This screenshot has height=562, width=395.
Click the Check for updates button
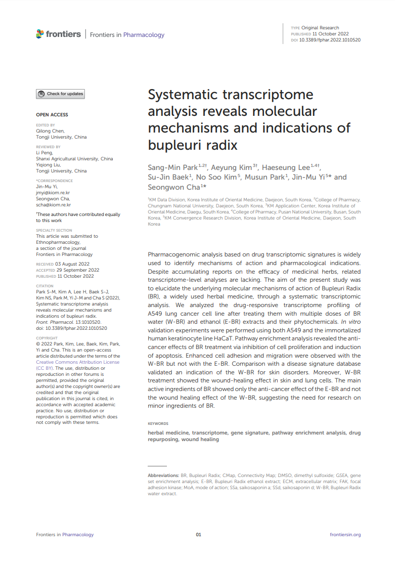click(x=60, y=94)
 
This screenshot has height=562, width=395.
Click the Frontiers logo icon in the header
click(x=40, y=34)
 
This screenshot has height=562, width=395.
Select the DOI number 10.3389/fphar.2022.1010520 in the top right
click(x=330, y=39)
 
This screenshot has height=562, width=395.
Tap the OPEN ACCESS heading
click(x=52, y=115)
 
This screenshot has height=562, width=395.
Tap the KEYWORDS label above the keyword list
click(x=158, y=423)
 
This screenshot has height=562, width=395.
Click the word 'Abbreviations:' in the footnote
click(x=164, y=476)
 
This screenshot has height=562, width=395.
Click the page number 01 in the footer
click(x=199, y=535)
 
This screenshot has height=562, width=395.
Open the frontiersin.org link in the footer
click(x=345, y=535)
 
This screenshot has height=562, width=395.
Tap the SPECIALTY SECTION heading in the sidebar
click(x=54, y=230)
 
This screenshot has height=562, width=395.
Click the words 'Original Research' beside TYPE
click(x=320, y=28)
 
